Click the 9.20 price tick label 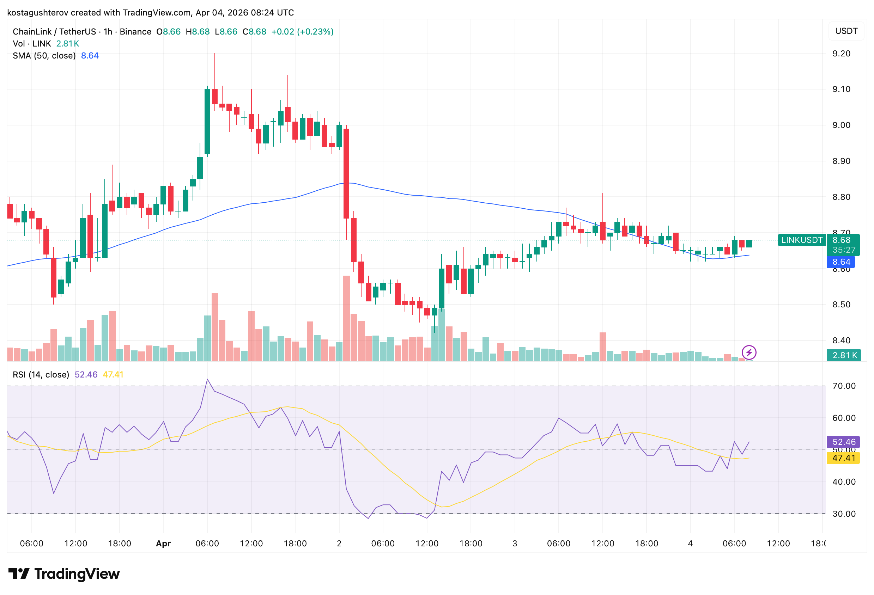tap(841, 54)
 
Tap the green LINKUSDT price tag tap(801, 240)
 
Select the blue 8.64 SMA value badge tap(840, 262)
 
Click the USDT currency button tap(846, 31)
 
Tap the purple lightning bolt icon tap(748, 352)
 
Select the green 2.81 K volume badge tap(844, 355)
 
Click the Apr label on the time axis tap(163, 543)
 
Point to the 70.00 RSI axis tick tap(844, 386)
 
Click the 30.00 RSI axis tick tap(844, 514)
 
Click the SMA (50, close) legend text tap(44, 56)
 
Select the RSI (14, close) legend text tap(41, 374)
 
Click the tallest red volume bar tap(346, 318)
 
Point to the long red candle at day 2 tap(346, 173)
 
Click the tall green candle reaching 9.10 tap(207, 121)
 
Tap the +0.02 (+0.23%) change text tap(302, 32)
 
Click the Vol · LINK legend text tap(32, 44)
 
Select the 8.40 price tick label tap(841, 340)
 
